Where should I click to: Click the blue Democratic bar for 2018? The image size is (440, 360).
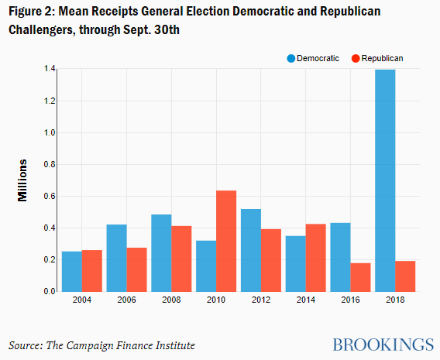tap(385, 180)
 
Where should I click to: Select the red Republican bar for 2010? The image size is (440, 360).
tap(226, 241)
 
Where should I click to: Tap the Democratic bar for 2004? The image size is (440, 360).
tap(72, 272)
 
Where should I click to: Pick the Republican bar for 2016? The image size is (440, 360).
tap(360, 277)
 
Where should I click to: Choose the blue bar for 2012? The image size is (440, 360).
tap(251, 250)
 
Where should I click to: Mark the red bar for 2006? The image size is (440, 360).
tap(136, 269)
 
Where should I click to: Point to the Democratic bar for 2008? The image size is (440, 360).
tap(161, 253)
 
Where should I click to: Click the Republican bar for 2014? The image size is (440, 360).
tap(316, 258)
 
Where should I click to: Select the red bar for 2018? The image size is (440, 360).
tap(405, 276)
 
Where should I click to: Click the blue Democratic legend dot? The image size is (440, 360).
tap(291, 58)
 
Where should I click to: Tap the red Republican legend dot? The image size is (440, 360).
tap(356, 58)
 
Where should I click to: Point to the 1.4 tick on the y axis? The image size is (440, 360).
tap(50, 69)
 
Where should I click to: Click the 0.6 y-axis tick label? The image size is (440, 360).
tap(50, 197)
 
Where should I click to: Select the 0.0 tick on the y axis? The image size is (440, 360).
tap(50, 291)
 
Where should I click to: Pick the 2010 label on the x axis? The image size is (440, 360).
tap(216, 300)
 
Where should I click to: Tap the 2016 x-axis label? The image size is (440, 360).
tap(350, 300)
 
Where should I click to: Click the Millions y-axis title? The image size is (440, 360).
tap(22, 180)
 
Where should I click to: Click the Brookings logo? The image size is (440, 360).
tap(383, 345)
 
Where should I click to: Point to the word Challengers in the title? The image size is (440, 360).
tap(41, 30)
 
